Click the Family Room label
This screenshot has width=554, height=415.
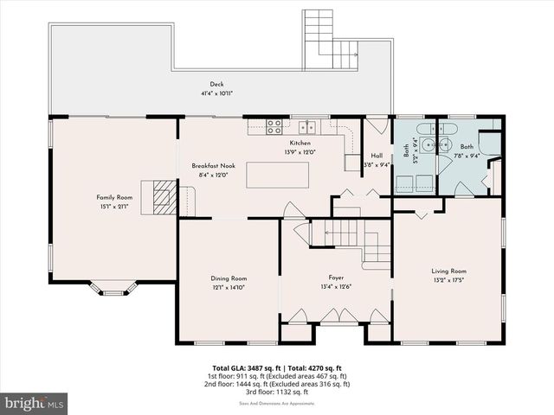click(112, 197)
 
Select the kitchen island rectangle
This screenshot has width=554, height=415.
click(277, 174)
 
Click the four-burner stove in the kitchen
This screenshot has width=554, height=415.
click(274, 127)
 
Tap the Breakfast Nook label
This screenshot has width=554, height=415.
click(214, 165)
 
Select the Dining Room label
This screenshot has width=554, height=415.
click(229, 278)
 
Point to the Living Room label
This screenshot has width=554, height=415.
click(448, 271)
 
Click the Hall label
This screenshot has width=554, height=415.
click(377, 156)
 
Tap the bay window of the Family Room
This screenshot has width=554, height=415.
click(113, 289)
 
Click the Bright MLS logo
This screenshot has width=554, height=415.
click(35, 403)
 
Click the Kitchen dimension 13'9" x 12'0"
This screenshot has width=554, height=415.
click(300, 152)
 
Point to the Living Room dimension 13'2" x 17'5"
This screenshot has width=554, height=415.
click(448, 280)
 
